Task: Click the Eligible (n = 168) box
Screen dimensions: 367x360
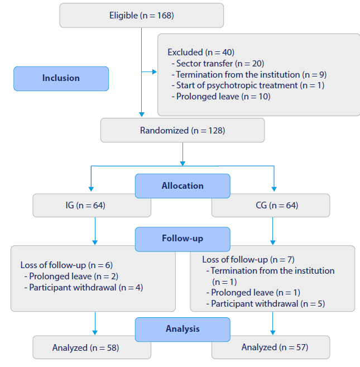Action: tap(142, 15)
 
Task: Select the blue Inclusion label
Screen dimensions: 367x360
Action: tap(61, 78)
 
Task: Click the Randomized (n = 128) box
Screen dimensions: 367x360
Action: tap(183, 130)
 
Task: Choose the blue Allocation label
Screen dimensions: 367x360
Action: tap(183, 185)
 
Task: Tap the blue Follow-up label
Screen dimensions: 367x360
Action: tap(183, 239)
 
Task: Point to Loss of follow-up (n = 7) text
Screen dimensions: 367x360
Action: tap(248, 259)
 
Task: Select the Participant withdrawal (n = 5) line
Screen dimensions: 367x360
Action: tap(267, 304)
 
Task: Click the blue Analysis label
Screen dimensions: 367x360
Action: tap(183, 329)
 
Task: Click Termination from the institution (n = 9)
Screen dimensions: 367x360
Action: tap(251, 74)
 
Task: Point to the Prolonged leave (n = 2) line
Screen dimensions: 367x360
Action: tap(73, 276)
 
